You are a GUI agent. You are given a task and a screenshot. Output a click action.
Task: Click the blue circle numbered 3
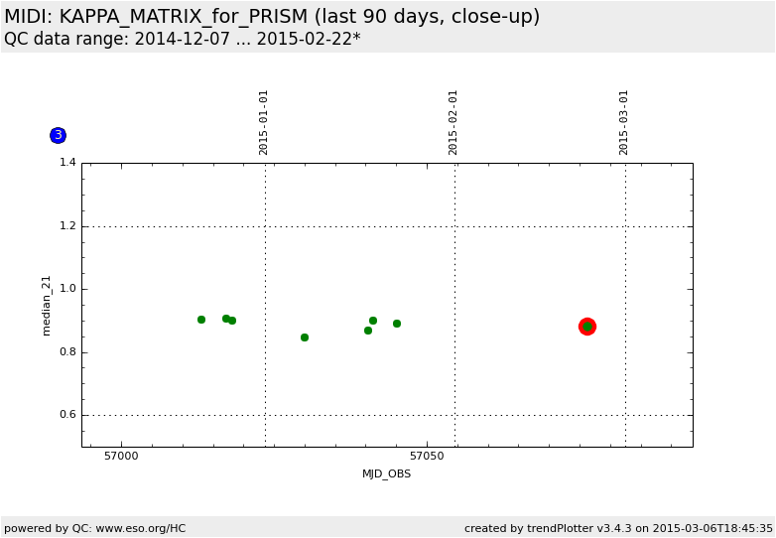tap(58, 135)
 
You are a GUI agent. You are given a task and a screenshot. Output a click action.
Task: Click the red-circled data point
tap(587, 327)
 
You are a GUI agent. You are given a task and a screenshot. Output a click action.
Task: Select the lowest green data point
tap(305, 337)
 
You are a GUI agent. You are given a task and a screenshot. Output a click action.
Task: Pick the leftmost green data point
tap(201, 320)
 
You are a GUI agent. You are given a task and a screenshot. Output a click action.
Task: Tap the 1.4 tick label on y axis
tap(67, 163)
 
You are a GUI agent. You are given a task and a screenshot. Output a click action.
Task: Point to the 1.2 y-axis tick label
tap(67, 226)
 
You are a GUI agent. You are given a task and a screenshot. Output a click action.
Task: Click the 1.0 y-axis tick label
tap(67, 289)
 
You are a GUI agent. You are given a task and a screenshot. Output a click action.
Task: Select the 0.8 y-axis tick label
tap(67, 352)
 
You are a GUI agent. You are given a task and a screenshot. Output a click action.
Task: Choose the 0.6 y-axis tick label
tap(67, 415)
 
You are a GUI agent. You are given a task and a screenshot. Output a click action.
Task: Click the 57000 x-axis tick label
tap(121, 458)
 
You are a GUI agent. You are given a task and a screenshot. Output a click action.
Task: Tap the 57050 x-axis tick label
tap(427, 458)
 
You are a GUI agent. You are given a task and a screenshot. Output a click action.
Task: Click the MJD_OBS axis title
tap(386, 474)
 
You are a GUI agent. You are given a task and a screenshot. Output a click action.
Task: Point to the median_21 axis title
tap(47, 306)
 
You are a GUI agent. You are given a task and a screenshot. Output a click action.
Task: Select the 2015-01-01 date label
tap(264, 122)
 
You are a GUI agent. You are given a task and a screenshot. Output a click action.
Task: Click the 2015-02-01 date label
tap(453, 122)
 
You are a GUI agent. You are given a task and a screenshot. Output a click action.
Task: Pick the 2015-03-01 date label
tap(624, 122)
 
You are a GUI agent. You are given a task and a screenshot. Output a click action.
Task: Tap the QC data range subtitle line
tap(183, 39)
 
